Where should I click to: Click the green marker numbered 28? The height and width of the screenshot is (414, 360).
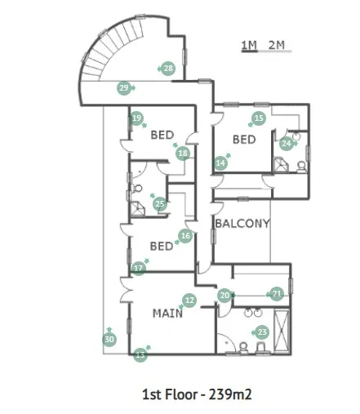coord(168,69)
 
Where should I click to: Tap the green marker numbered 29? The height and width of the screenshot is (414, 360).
coord(124,88)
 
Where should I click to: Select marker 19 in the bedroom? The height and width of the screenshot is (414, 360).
coord(137,118)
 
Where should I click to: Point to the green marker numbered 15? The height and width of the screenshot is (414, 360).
coord(259,118)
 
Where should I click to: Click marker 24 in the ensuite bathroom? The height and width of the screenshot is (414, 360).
coord(287,143)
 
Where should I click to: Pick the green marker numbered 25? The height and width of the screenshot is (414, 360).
coord(160,204)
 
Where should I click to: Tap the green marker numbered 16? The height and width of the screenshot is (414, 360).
coord(185,236)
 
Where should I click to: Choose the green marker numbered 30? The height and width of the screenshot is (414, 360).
coord(109,339)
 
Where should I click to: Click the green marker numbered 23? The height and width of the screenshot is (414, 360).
coord(262,332)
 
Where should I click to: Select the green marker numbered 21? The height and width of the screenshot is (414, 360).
coord(277,294)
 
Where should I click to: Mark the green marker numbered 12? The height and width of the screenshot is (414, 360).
coord(189,300)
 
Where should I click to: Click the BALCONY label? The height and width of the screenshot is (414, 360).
coord(242,224)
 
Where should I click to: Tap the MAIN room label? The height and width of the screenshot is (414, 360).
coord(167,314)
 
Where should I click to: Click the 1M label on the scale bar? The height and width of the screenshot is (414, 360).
coord(249,45)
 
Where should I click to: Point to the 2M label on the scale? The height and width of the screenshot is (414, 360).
coord(277,45)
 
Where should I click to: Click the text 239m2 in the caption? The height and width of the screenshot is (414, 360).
coord(230,394)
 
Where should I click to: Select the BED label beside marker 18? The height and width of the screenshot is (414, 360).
coord(162,135)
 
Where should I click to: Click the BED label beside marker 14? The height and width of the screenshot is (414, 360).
coord(244,140)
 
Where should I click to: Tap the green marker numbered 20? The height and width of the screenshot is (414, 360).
coord(224,295)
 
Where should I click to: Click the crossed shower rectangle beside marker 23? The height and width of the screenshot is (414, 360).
coord(282,331)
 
